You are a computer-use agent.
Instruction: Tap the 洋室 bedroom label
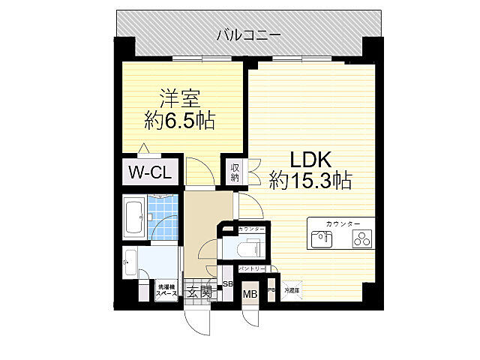pos(179,98)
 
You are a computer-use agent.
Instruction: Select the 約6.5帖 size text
pos(179,119)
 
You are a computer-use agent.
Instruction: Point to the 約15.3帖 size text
pos(310,181)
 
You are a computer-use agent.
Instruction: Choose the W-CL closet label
pos(150,172)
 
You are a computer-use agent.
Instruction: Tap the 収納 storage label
pos(235,173)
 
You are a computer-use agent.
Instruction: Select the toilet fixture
pos(248,247)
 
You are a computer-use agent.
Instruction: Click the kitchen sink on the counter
pos(320,240)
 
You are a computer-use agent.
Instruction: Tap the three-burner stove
pos(362,240)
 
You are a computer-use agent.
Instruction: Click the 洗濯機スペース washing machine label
pos(166,289)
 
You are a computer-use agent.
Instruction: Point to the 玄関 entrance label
pos(197,292)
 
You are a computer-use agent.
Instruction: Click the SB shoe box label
pos(228,285)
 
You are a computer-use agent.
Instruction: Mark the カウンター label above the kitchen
pos(343,224)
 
